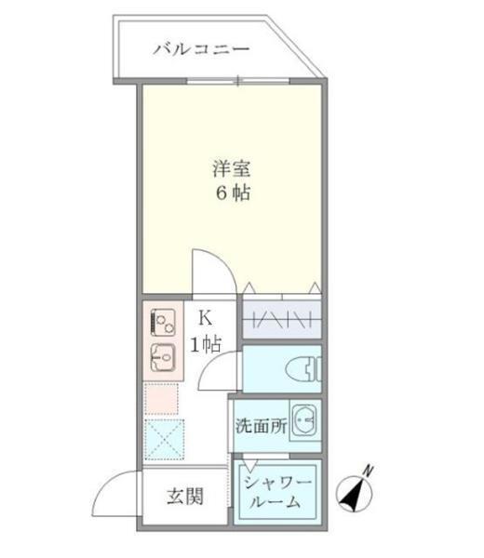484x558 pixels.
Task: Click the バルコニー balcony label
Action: click(201, 47)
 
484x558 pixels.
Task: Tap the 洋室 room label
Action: click(232, 170)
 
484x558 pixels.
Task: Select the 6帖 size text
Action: click(232, 195)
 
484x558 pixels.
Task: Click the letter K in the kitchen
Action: click(203, 317)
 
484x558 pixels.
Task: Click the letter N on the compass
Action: click(368, 472)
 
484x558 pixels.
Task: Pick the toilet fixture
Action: click(302, 370)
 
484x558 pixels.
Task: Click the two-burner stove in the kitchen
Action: click(163, 323)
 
